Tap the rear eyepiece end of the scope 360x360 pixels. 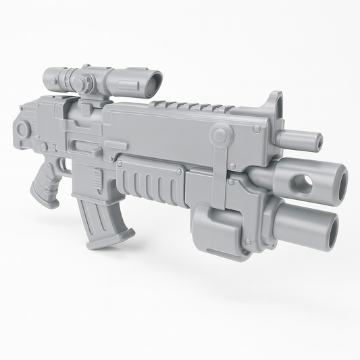point(48,77)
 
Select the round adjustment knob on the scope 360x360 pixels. point(86,82)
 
